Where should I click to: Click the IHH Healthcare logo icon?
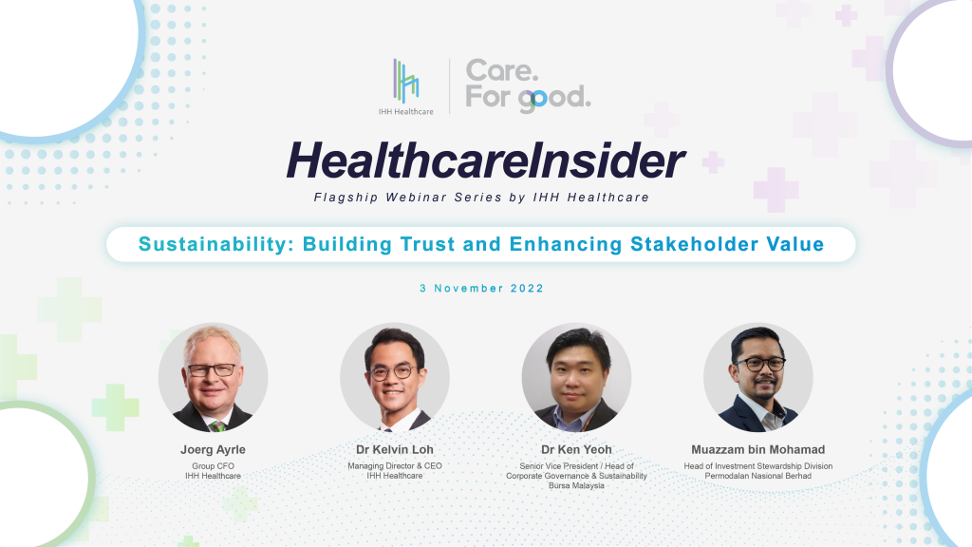coord(406,80)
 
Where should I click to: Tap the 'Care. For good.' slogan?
coord(527,85)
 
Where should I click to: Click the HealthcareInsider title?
coord(485,162)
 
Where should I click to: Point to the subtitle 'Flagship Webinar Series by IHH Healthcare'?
coord(485,198)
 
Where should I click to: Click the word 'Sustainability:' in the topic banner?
coord(216,244)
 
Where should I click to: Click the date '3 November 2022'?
coord(485,288)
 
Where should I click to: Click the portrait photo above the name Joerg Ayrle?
coord(213,377)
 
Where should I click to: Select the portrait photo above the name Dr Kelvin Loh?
coord(395,377)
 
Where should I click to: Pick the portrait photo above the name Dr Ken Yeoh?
coord(576,377)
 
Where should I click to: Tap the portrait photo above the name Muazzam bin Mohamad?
coord(758,377)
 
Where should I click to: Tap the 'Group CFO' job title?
coord(213,466)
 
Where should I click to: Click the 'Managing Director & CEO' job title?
coord(395,466)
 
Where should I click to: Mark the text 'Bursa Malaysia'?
coord(576,485)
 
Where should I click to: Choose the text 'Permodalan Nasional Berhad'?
coord(758,476)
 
